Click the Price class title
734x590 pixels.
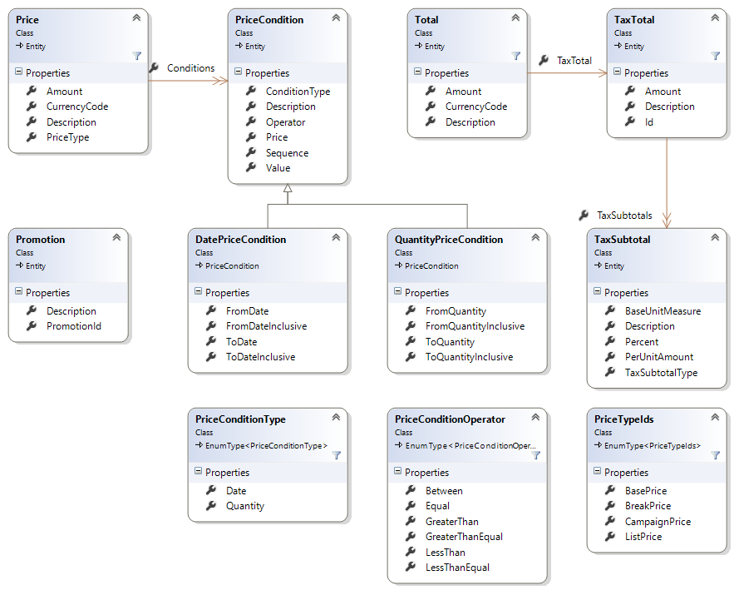[x=27, y=19]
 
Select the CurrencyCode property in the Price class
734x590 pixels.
[x=76, y=107]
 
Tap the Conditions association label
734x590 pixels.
[x=190, y=68]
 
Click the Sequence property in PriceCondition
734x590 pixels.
[x=287, y=153]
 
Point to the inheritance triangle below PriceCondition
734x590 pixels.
[x=288, y=190]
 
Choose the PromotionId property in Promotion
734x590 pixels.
[x=73, y=326]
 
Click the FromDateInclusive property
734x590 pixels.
[x=266, y=326]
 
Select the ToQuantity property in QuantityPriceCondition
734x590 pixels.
[x=450, y=342]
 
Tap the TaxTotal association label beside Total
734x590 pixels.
[x=574, y=61]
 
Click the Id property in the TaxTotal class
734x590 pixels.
[x=649, y=122]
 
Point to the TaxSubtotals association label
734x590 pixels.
[x=624, y=216]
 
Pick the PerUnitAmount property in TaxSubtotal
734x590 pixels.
[x=659, y=357]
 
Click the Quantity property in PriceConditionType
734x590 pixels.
[x=244, y=506]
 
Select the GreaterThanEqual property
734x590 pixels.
[x=464, y=537]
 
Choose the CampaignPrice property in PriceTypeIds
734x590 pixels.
[x=658, y=522]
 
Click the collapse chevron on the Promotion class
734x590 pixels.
[x=116, y=237]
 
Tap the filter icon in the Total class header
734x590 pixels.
[x=515, y=56]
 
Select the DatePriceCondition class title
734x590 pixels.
[x=240, y=239]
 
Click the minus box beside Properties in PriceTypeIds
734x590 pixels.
[x=597, y=472]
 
